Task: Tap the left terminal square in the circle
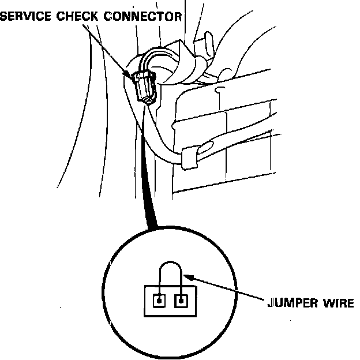tap(158, 301)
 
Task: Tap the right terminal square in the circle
tap(181, 301)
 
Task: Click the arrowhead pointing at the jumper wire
tap(191, 279)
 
